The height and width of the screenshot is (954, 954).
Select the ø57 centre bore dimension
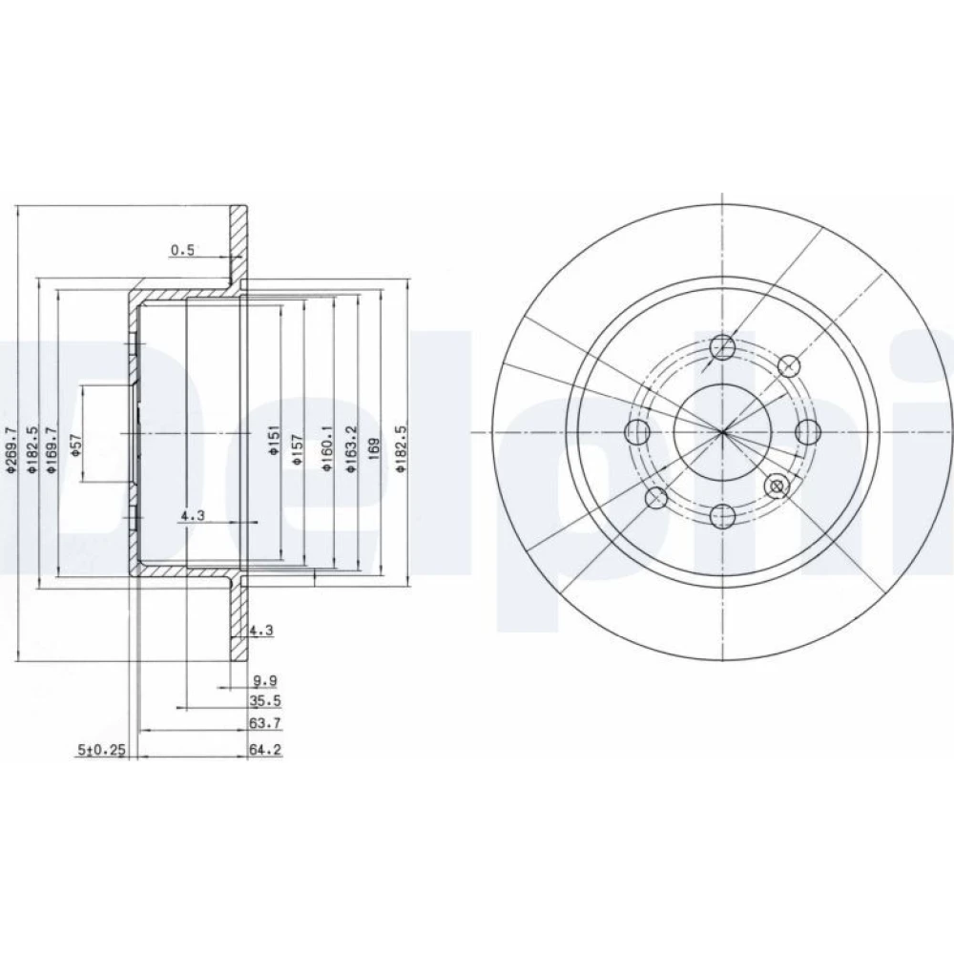coord(76,446)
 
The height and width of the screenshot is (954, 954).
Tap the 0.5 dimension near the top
coord(182,249)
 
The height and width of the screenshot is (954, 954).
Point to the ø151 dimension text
coord(273,440)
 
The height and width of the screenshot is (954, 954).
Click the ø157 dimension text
coord(298,449)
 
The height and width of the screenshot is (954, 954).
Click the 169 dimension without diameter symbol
coord(375,448)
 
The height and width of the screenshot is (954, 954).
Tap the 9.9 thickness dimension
coord(265,681)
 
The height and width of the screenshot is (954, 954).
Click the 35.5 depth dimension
coord(265,701)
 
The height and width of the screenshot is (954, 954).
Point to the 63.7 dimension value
coord(265,723)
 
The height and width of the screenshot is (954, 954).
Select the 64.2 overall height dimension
coord(265,750)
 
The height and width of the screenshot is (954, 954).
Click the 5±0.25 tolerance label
coord(101,750)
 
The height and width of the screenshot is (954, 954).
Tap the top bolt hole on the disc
coord(723,347)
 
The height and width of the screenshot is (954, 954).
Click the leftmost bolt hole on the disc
coord(637,432)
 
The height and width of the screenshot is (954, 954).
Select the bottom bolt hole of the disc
coord(723,516)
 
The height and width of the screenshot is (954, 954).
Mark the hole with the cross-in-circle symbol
coord(777,487)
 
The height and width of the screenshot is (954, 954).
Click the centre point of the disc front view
coord(723,432)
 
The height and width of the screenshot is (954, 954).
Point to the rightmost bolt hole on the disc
coord(808,432)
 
